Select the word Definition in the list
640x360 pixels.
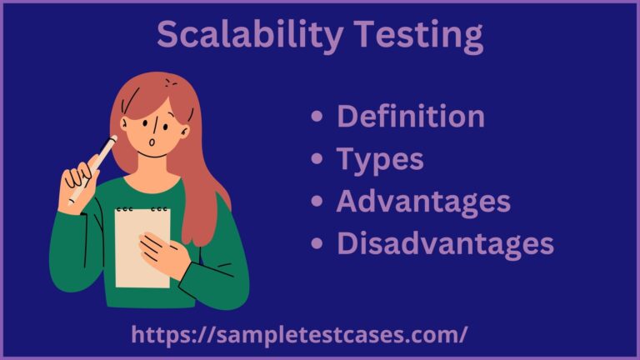pyautogui.click(x=410, y=117)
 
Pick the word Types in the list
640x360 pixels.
pyautogui.click(x=380, y=159)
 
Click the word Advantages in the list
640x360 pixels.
pyautogui.click(x=423, y=201)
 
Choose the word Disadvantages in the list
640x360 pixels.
pyautogui.click(x=445, y=243)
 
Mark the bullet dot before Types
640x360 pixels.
pyautogui.click(x=316, y=160)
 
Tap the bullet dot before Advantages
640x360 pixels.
pyautogui.click(x=316, y=202)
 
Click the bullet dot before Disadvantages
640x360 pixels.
pyautogui.click(x=316, y=244)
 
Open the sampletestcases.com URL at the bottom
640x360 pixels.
pyautogui.click(x=299, y=335)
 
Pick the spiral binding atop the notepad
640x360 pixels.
pyautogui.click(x=141, y=209)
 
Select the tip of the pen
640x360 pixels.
pyautogui.click(x=113, y=137)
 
